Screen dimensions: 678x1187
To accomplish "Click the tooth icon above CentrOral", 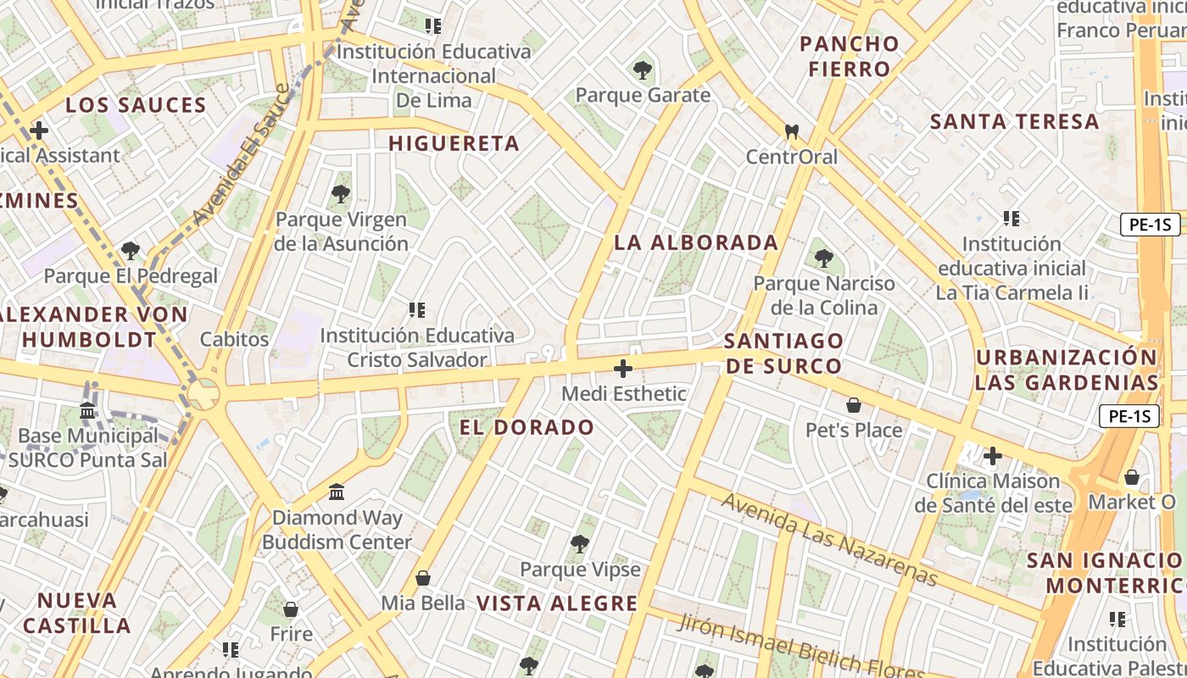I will pos(792,131).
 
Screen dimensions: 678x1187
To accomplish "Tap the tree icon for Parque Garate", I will pos(643,69).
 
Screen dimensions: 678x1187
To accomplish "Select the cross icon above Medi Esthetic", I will pos(623,369).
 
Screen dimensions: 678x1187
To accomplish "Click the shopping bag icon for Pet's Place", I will pos(854,405).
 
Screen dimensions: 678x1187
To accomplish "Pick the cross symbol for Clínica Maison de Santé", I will pos(992,457).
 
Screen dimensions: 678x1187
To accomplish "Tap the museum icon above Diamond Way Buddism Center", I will pos(337,492).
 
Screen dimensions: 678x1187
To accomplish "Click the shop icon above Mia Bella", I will pos(423,578).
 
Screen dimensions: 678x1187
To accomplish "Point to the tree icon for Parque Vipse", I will pos(580,543).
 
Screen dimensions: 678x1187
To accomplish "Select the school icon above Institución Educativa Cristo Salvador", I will pos(416,310).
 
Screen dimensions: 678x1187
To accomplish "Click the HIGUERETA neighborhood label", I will pos(454,143).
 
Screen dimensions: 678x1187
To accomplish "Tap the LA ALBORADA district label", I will pos(696,242).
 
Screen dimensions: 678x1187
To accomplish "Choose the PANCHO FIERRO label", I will pos(850,56).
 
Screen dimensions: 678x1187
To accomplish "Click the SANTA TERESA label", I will pos(1015,121).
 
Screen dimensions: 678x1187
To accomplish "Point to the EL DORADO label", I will pos(527,427).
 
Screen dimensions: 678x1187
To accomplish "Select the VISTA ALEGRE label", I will pos(556,603).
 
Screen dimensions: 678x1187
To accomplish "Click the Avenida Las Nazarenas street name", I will pos(829,539).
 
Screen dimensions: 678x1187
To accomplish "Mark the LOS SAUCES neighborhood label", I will pos(136,105).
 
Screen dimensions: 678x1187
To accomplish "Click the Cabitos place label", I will pos(234,339).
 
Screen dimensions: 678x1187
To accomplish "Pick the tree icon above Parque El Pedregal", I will pos(131,250).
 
